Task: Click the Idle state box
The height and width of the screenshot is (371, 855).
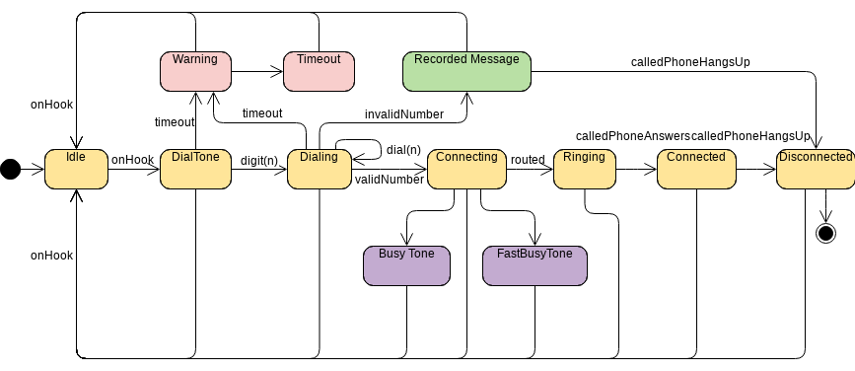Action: tap(76, 169)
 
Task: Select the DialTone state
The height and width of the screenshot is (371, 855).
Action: tap(195, 169)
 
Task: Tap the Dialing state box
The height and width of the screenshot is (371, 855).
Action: tap(319, 169)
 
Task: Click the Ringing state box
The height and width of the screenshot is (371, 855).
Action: tap(585, 169)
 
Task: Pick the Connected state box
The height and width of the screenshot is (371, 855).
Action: tap(695, 169)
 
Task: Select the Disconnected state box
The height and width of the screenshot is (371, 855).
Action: tap(815, 169)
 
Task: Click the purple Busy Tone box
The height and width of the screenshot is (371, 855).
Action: tap(407, 265)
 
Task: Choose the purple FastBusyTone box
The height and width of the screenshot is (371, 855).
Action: tap(534, 265)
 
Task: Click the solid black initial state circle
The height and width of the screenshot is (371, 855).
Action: tap(10, 170)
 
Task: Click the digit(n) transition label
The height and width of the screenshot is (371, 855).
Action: tap(259, 160)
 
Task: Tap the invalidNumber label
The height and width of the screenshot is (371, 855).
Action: tap(403, 113)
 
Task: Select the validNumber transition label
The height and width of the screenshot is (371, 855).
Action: tap(390, 180)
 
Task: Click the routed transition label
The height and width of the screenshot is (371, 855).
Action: tap(528, 159)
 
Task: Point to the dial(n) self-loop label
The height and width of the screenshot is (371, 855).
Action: tap(403, 149)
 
